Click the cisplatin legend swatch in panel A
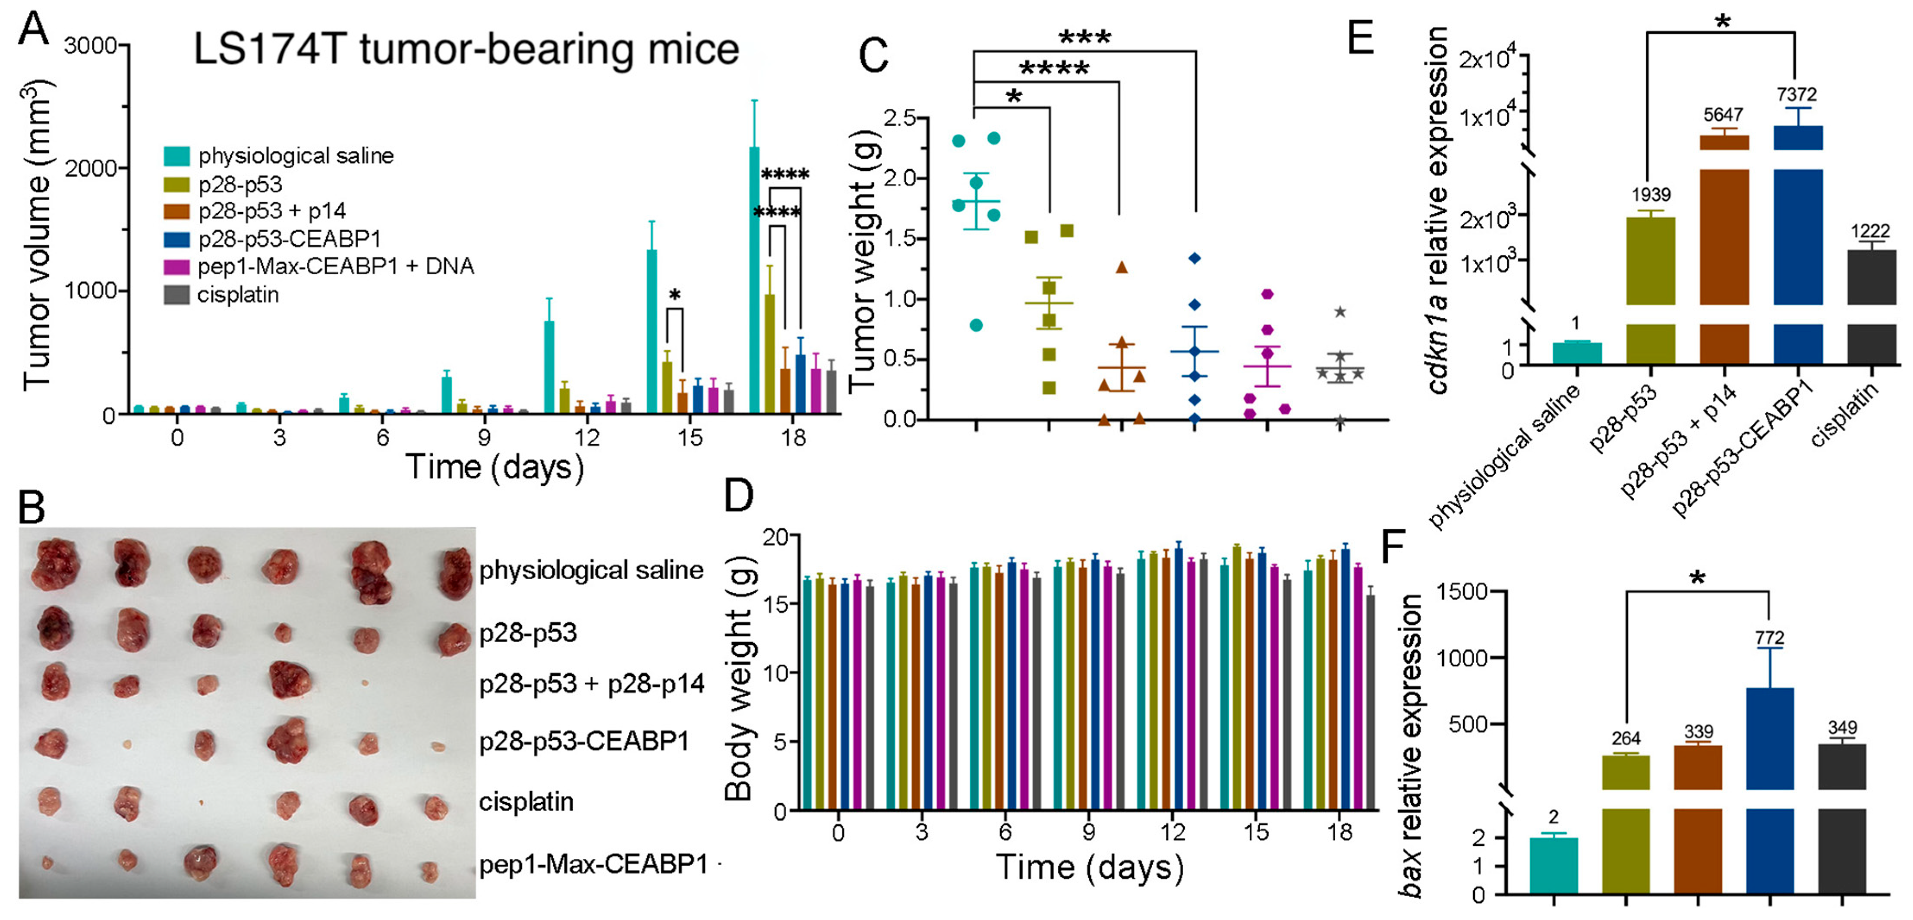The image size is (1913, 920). [x=176, y=295]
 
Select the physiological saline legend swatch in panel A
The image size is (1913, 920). [x=176, y=156]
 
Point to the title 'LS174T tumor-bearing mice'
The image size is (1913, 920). [x=466, y=49]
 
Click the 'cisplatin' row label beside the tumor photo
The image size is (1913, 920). [x=526, y=802]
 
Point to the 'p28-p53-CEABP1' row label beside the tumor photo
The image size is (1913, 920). [x=584, y=741]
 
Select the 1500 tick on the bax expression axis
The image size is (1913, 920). [x=1462, y=592]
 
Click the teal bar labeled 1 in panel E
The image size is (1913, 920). [x=1576, y=353]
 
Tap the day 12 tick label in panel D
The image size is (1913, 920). [x=1172, y=832]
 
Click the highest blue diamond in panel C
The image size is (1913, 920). [x=1194, y=258]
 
